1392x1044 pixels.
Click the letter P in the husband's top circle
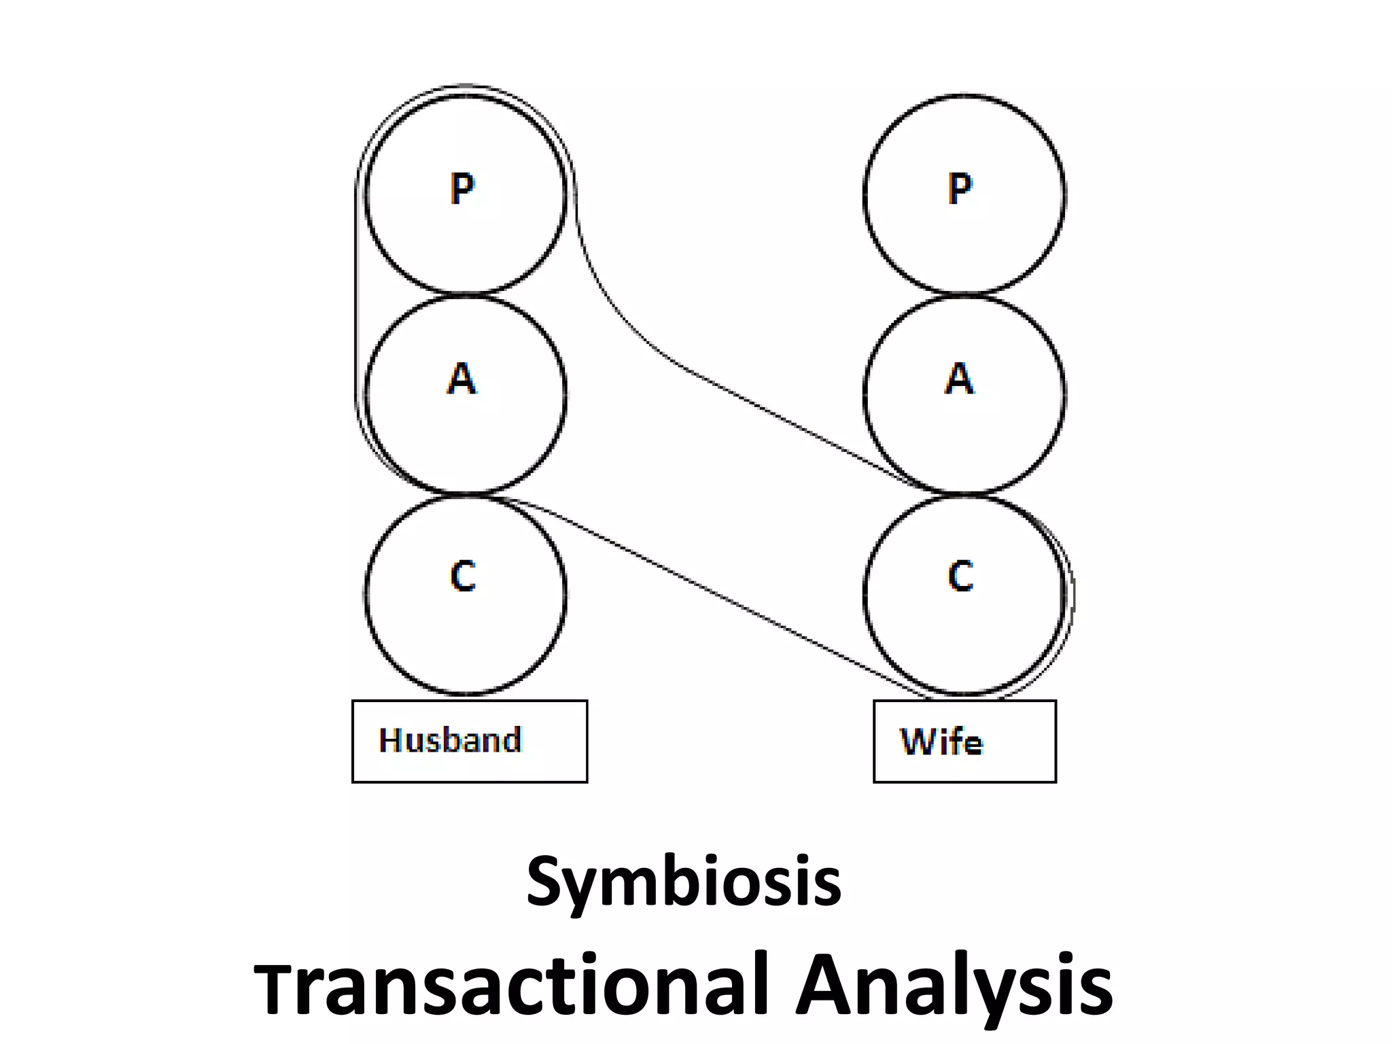click(462, 188)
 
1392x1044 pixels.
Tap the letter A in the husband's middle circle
click(462, 378)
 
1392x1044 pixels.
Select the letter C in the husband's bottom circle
click(463, 576)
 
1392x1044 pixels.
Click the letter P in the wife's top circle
click(960, 188)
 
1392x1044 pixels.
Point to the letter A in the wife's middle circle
click(959, 378)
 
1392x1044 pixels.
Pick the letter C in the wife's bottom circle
click(960, 576)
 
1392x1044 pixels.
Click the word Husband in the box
click(450, 740)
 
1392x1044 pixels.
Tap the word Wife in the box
click(941, 742)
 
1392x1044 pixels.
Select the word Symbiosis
click(684, 882)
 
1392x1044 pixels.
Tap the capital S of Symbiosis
click(547, 881)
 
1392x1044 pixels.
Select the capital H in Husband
click(391, 740)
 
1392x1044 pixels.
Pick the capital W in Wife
click(917, 742)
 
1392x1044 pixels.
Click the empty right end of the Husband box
click(557, 741)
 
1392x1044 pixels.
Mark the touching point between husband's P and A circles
click(466, 294)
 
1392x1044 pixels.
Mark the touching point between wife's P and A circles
click(964, 294)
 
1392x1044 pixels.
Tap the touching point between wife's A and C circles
click(964, 493)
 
